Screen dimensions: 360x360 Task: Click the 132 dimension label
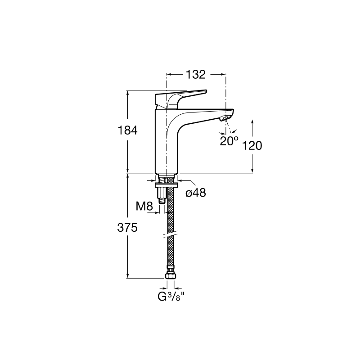tap(195, 75)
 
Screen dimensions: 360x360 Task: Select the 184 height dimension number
tap(127, 130)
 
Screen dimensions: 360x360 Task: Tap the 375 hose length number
tap(127, 228)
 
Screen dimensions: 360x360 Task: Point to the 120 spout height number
tap(252, 145)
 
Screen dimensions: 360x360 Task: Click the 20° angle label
tap(229, 141)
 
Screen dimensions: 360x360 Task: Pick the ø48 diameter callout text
tap(196, 193)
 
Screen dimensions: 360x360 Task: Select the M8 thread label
tap(144, 206)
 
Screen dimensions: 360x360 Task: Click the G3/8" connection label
tap(171, 297)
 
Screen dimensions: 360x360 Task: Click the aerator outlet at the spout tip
tap(225, 118)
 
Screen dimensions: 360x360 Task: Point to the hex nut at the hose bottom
tap(171, 275)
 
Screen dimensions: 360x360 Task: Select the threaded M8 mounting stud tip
tap(162, 201)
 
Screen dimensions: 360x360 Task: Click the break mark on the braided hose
tap(170, 234)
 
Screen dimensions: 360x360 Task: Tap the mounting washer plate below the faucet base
tap(166, 185)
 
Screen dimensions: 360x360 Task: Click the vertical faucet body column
tap(166, 141)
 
